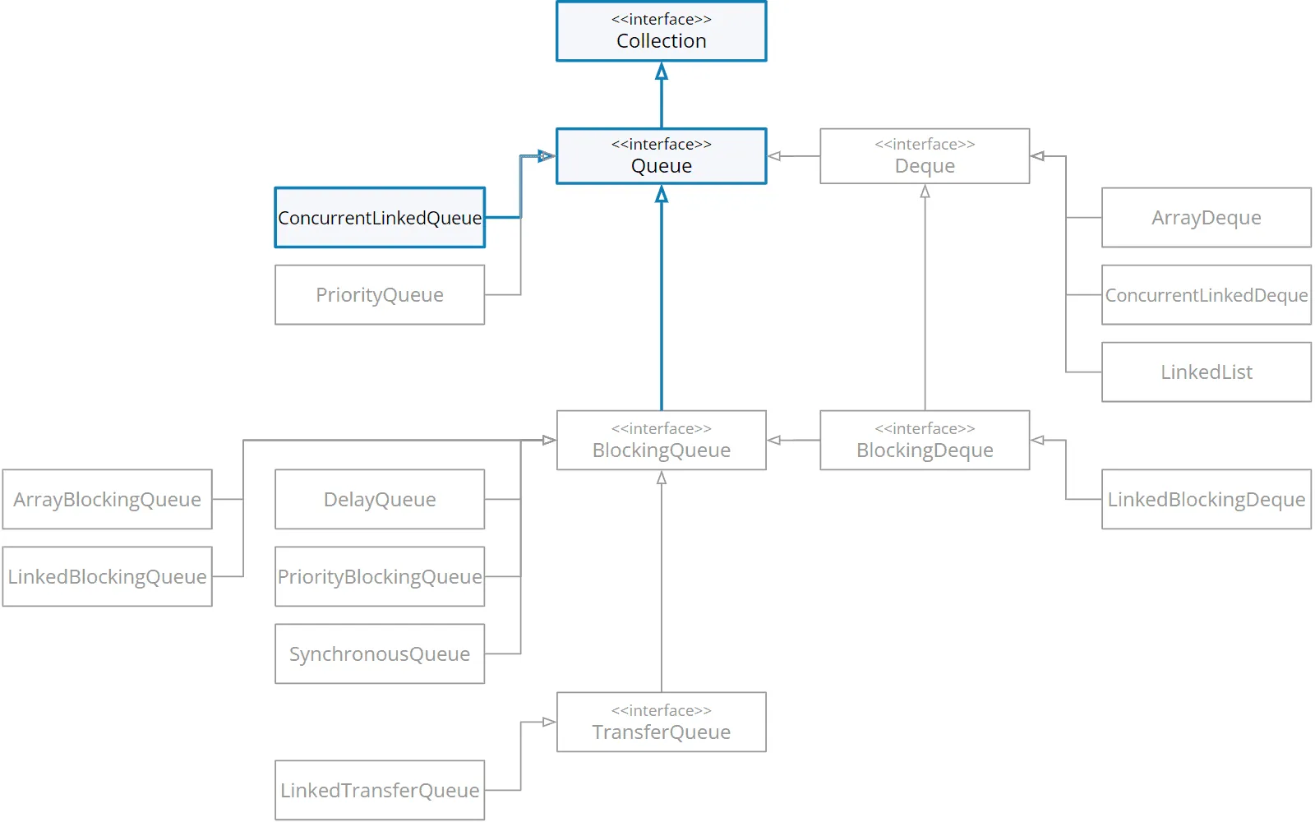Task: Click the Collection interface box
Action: [x=661, y=31]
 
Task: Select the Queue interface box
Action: [x=661, y=156]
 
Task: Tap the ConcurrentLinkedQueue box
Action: [x=380, y=218]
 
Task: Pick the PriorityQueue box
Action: [x=380, y=295]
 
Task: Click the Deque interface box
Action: [x=925, y=156]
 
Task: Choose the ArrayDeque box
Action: [x=1207, y=218]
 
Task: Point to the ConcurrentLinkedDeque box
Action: [x=1207, y=295]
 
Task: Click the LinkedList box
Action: [x=1207, y=372]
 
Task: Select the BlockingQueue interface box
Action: [x=661, y=441]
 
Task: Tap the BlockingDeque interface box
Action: [x=925, y=441]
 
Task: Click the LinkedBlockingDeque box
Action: [x=1207, y=499]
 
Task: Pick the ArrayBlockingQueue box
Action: [x=108, y=499]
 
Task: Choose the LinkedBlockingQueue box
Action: [x=108, y=576]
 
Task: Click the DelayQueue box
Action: [x=380, y=499]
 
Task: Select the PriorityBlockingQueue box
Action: [x=380, y=576]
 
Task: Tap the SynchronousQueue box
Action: [x=380, y=654]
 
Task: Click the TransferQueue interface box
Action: [x=661, y=723]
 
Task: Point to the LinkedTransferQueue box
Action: [x=380, y=790]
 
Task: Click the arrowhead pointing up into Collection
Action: [x=662, y=71]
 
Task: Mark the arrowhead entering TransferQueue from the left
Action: [x=549, y=723]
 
